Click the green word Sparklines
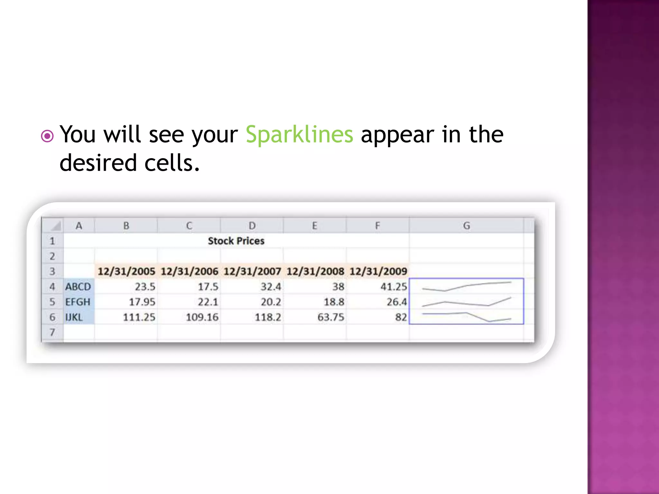pyautogui.click(x=299, y=134)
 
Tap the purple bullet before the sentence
pyautogui.click(x=47, y=136)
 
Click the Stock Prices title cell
pyautogui.click(x=236, y=241)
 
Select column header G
pyautogui.click(x=466, y=226)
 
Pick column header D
pyautogui.click(x=252, y=226)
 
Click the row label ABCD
pyautogui.click(x=78, y=287)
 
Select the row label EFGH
pyautogui.click(x=78, y=302)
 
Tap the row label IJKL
pyautogui.click(x=74, y=317)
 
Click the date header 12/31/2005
pyautogui.click(x=126, y=271)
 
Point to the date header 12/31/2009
pyautogui.click(x=378, y=271)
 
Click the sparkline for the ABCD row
pyautogui.click(x=466, y=286)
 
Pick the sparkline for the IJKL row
pyautogui.click(x=466, y=317)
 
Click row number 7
pyautogui.click(x=52, y=332)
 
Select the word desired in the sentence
pyautogui.click(x=98, y=163)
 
